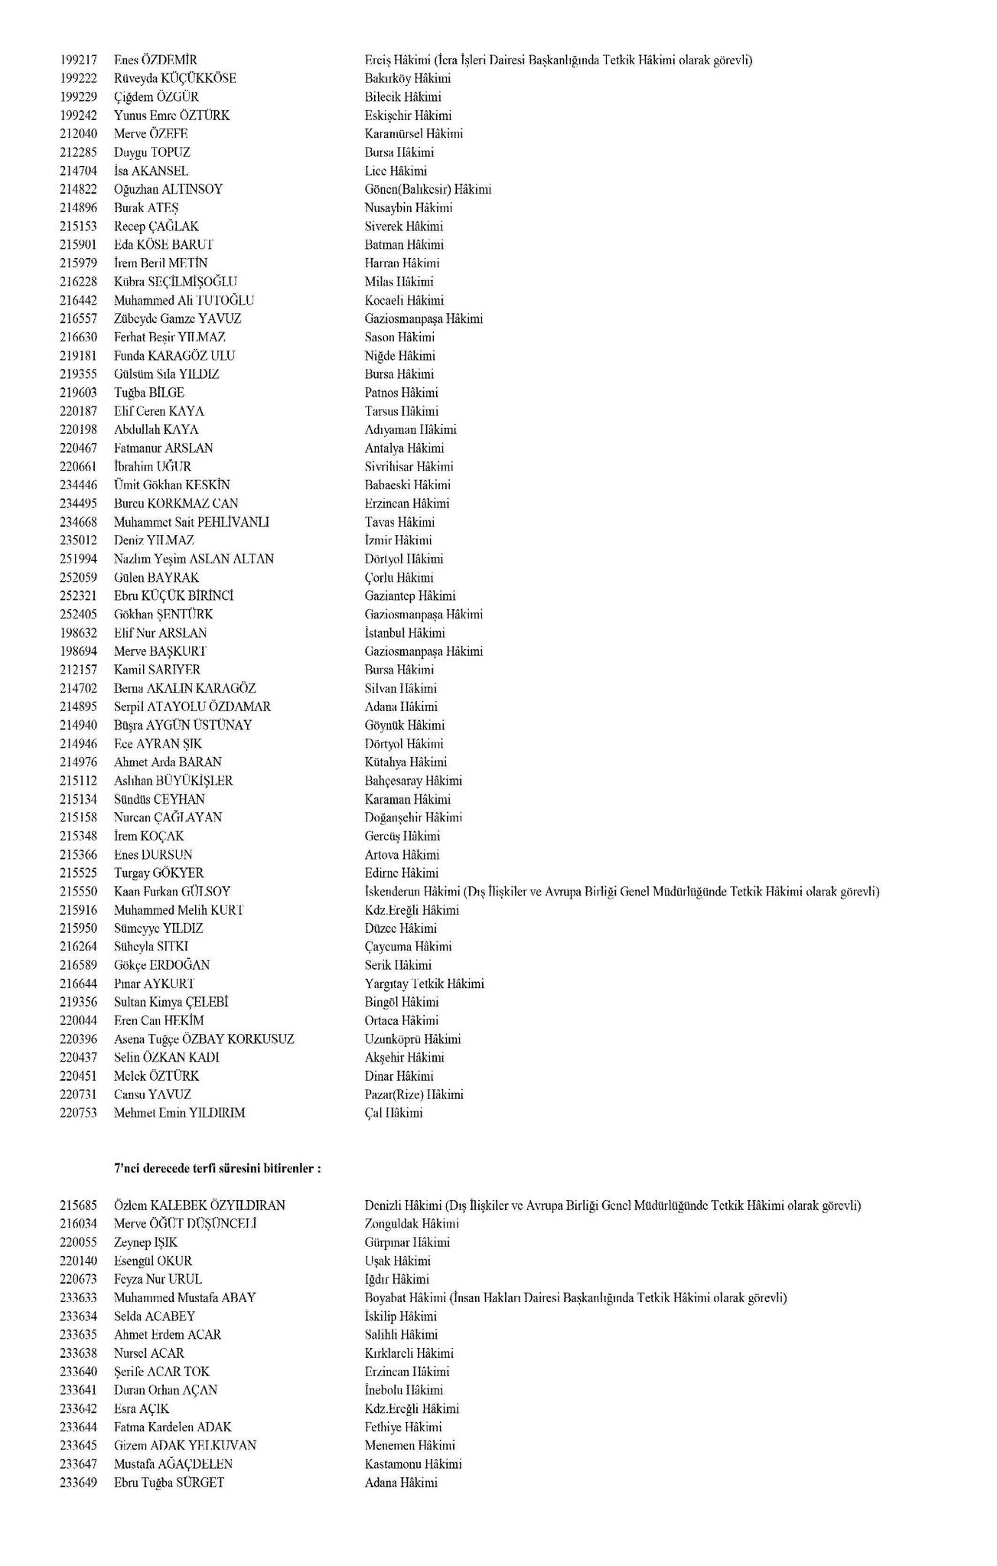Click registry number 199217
78,60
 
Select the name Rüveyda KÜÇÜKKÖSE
174,78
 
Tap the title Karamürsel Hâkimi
413,134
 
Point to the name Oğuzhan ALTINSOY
168,189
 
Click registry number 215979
78,263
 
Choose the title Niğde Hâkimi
399,356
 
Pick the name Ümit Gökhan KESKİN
171,485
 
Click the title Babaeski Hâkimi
407,485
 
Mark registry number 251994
78,559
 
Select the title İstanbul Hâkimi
404,633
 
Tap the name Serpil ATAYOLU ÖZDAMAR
192,707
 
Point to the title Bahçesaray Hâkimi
413,781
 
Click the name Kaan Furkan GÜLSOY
172,892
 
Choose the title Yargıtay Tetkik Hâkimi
424,984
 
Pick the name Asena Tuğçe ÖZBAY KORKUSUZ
204,1039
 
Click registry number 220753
78,1113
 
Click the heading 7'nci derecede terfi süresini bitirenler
217,1169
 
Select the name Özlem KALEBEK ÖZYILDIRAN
199,1205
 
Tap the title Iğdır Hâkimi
396,1279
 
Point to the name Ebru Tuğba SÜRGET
168,1483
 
